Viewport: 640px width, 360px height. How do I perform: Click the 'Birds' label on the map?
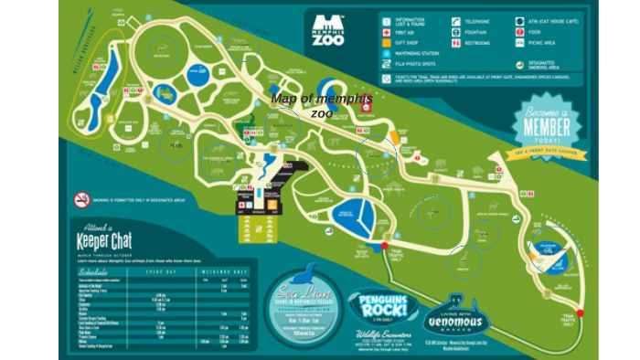tap(176, 144)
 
